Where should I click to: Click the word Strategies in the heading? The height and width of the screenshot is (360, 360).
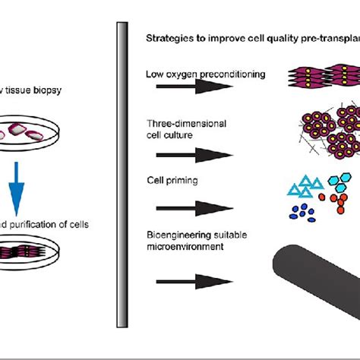167,39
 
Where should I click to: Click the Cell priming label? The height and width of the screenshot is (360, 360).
166,181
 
